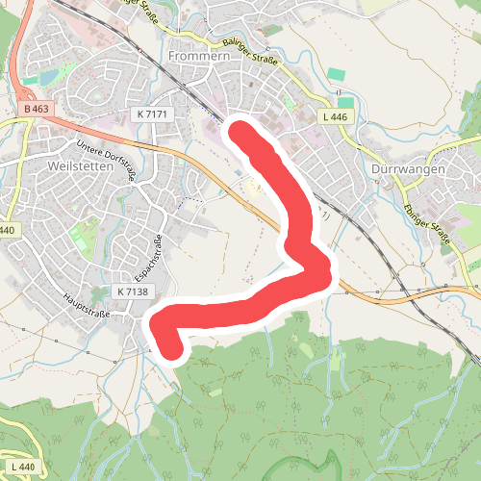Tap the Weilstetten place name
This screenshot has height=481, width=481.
(80, 165)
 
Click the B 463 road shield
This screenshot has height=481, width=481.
(36, 110)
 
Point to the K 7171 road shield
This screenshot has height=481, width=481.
(152, 114)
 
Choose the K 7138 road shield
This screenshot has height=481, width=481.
(132, 291)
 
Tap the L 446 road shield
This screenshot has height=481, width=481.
(336, 116)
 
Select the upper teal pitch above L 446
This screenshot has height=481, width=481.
(335, 74)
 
